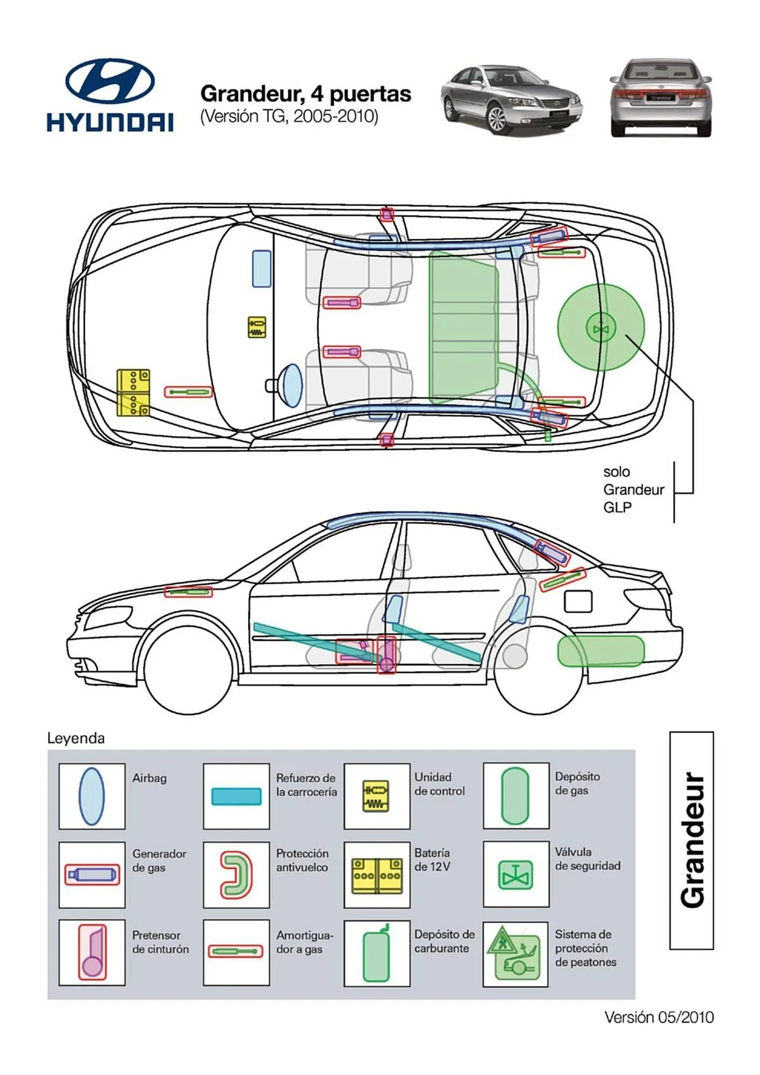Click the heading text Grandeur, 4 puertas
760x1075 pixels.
click(x=305, y=94)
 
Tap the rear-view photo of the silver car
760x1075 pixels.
click(x=661, y=98)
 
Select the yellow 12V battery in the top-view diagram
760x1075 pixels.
click(x=133, y=392)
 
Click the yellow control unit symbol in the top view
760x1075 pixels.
click(x=257, y=327)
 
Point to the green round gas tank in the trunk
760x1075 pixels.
click(x=600, y=327)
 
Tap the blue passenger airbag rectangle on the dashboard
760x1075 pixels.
click(x=262, y=268)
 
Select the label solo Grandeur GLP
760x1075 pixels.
click(x=633, y=490)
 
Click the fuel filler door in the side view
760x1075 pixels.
click(x=578, y=601)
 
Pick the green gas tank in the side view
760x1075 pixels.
click(x=600, y=651)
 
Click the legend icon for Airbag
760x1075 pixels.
click(x=91, y=796)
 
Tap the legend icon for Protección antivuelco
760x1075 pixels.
click(x=236, y=875)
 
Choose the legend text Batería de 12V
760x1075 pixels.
click(x=433, y=859)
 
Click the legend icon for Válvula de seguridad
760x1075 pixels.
click(x=515, y=875)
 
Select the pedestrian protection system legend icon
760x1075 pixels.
click(x=515, y=954)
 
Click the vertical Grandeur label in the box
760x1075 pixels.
click(x=691, y=841)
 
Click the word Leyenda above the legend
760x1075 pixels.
click(x=76, y=738)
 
